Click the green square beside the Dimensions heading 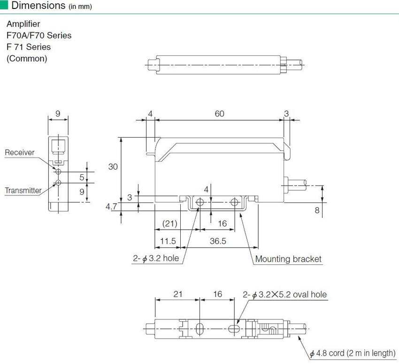pos(4,5)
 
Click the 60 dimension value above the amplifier pos(219,114)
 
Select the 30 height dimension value pos(113,167)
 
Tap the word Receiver pos(20,152)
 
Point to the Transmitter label pos(23,190)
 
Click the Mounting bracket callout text pos(288,259)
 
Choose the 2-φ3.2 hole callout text pos(156,258)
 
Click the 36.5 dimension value pos(218,241)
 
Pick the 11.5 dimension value pos(168,241)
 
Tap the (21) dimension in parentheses pos(170,224)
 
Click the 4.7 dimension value pos(111,206)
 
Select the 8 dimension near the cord pos(317,210)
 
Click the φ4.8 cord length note pos(353,353)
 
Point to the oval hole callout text pos(284,294)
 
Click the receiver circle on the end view pos(58,171)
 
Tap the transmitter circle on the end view pos(58,183)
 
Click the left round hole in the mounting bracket pos(200,202)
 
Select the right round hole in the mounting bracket pos(234,202)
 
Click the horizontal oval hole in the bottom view pos(234,329)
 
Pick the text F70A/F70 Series pos(39,35)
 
